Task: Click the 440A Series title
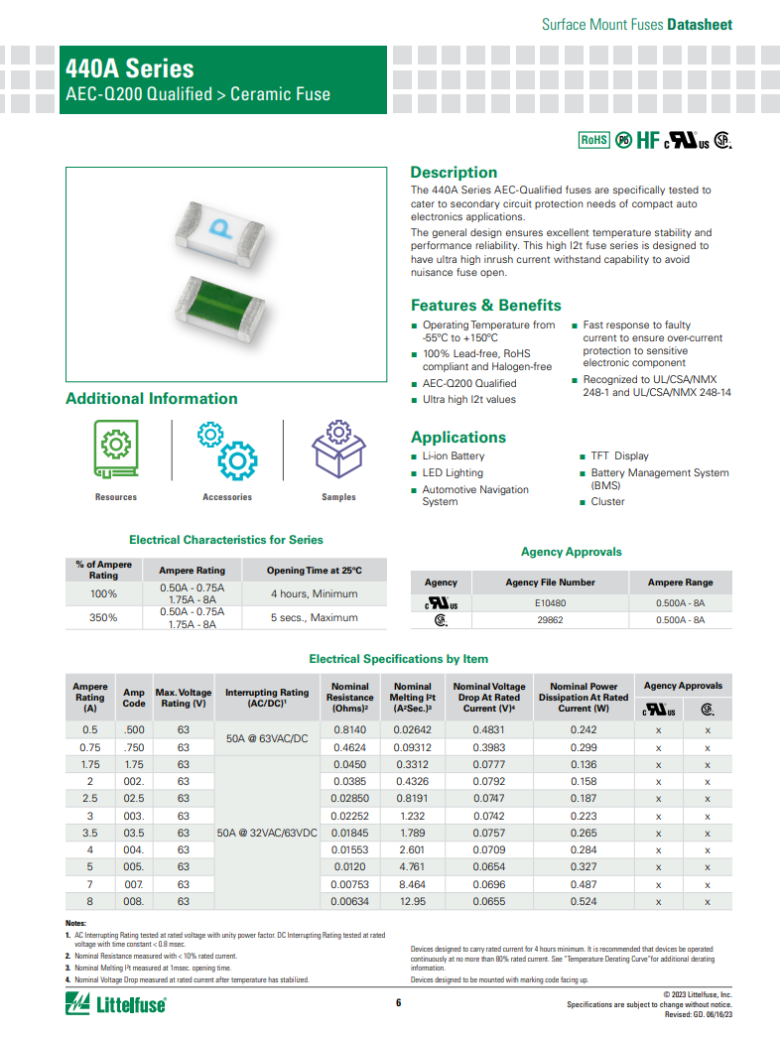tap(130, 68)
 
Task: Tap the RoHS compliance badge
tap(593, 140)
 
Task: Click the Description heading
tap(454, 172)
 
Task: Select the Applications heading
tap(458, 437)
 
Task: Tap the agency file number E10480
tap(550, 602)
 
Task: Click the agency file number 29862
tap(550, 620)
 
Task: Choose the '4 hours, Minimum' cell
tap(315, 594)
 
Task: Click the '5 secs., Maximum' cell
tap(315, 617)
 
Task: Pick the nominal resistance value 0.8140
tap(349, 729)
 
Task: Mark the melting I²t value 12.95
tap(413, 901)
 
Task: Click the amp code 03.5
tap(133, 833)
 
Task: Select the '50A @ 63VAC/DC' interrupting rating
tap(267, 738)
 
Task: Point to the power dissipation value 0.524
tap(584, 901)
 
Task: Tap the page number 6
tap(399, 1003)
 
